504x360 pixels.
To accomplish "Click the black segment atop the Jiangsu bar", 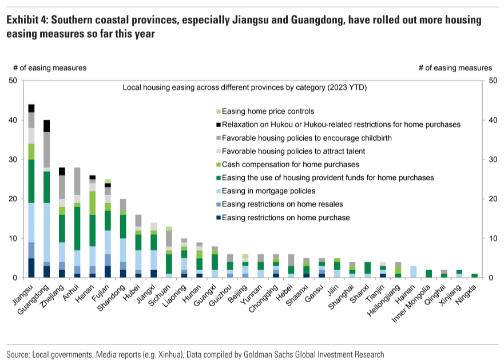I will [x=31, y=108].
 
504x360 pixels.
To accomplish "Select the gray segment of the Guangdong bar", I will [x=47, y=149].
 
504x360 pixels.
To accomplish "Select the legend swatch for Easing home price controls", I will [x=218, y=111].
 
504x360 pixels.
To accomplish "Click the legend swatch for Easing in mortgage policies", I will [x=218, y=191].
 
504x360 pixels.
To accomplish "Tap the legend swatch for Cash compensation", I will [x=218, y=164].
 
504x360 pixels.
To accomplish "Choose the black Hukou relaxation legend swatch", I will [x=218, y=124].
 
